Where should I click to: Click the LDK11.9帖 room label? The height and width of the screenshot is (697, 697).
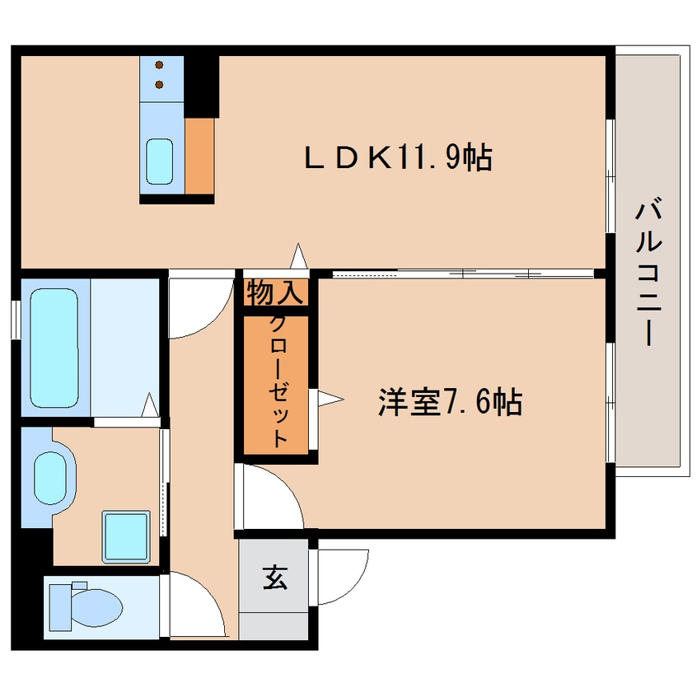398,157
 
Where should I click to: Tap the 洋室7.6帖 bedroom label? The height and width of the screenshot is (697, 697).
450,401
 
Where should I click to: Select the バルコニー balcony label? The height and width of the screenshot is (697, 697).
649,274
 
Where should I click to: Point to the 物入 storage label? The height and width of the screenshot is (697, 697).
275,292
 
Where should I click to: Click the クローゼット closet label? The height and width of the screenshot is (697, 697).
278,382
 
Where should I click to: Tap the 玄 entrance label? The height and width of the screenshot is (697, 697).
274,577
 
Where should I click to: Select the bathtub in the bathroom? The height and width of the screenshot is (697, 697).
54,348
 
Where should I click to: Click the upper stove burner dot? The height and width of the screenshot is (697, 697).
159,65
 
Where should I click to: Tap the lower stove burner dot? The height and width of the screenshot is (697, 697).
159,85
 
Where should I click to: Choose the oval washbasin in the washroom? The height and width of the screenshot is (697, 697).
50,479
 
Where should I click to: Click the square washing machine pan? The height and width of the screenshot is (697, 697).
126,536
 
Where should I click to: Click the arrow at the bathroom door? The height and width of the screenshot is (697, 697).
150,405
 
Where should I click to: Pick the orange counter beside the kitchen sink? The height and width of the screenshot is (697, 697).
199,156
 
